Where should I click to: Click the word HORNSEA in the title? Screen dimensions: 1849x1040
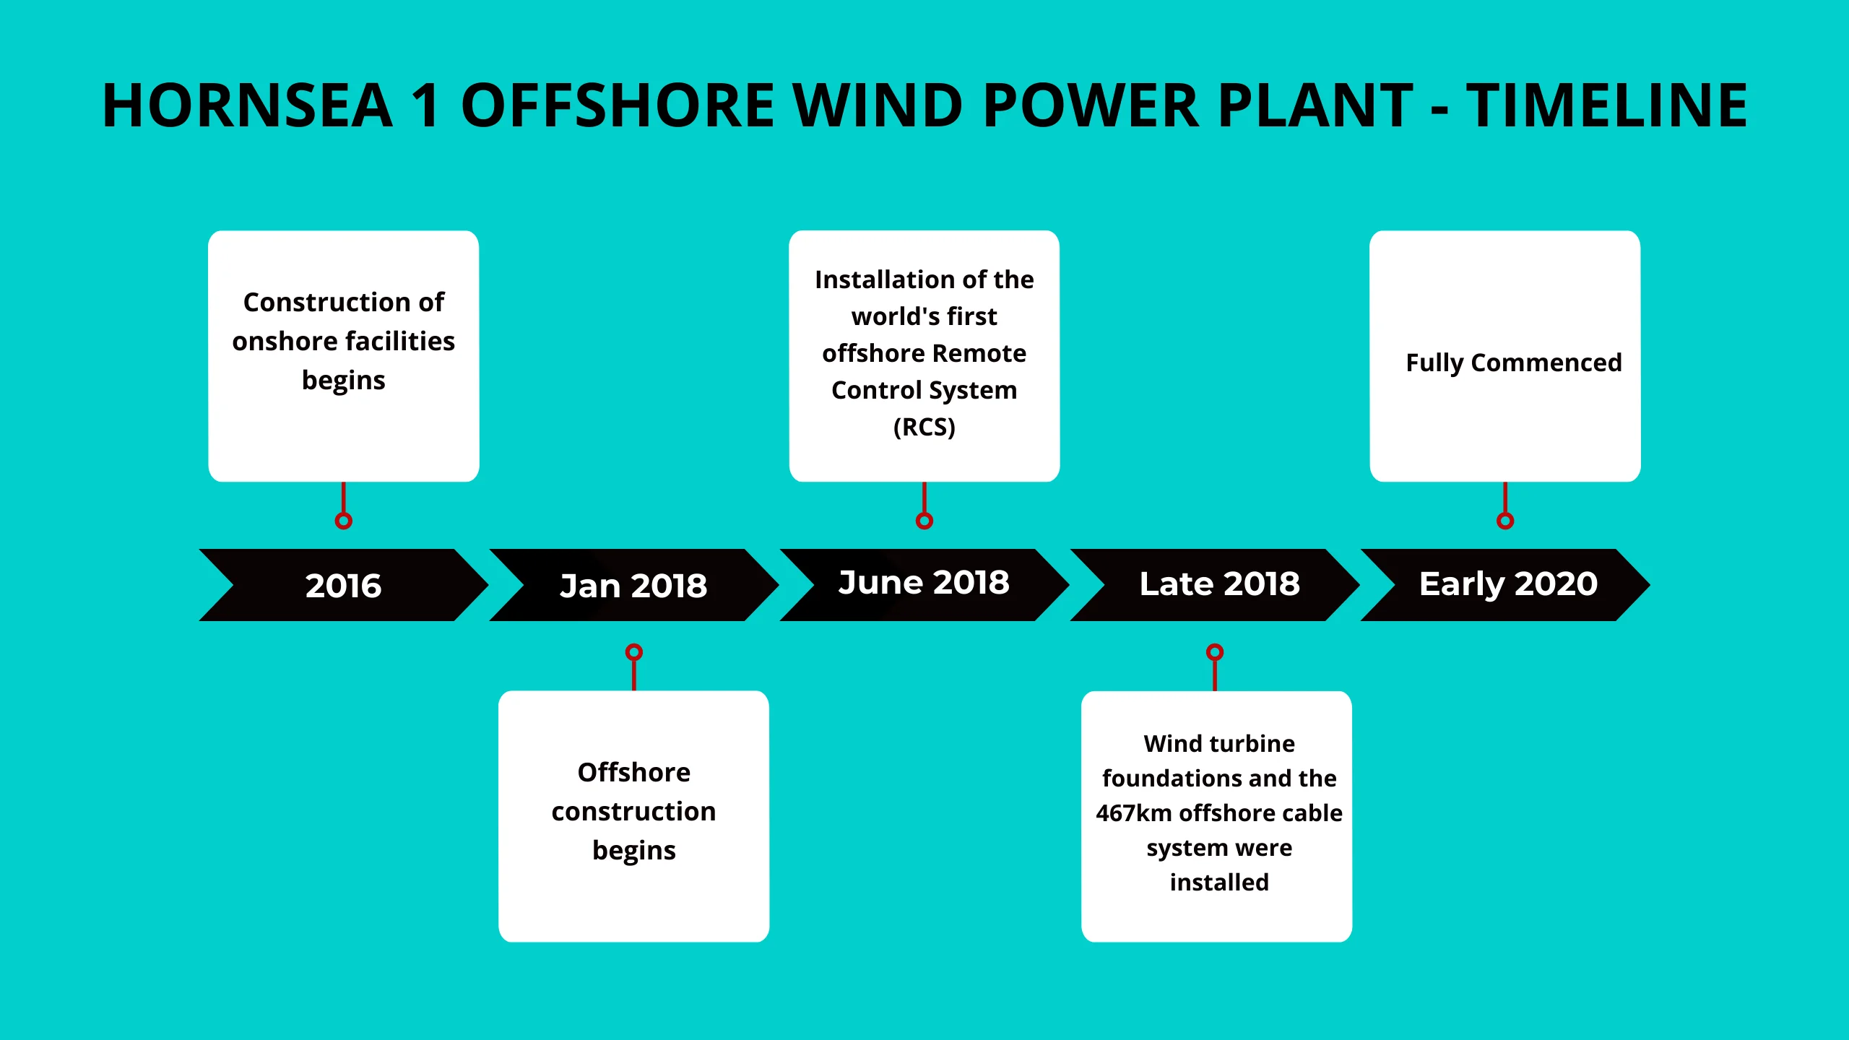(x=248, y=105)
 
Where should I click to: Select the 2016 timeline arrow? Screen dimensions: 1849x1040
(x=344, y=585)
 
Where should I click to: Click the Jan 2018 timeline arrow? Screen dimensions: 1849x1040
(x=634, y=585)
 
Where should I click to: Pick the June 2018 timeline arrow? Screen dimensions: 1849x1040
(x=924, y=585)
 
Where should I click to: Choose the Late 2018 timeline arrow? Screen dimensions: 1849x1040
(x=1215, y=585)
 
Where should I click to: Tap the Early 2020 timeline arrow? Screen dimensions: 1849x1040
(x=1505, y=585)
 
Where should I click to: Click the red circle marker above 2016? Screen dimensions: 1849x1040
(x=344, y=521)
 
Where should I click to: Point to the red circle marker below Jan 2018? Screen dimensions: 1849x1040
(x=634, y=652)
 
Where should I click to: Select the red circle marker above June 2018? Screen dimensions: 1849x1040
(x=924, y=521)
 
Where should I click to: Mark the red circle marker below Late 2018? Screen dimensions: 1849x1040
(x=1215, y=652)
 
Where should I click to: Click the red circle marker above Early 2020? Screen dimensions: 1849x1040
(x=1505, y=521)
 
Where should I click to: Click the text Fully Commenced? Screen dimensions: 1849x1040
(x=1514, y=363)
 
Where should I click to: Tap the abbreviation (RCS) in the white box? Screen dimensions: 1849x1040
(x=924, y=427)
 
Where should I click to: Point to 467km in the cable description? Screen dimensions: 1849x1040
(x=1134, y=813)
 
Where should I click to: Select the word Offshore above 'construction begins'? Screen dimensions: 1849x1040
(x=634, y=773)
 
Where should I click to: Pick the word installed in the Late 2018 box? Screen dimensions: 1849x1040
(x=1219, y=883)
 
